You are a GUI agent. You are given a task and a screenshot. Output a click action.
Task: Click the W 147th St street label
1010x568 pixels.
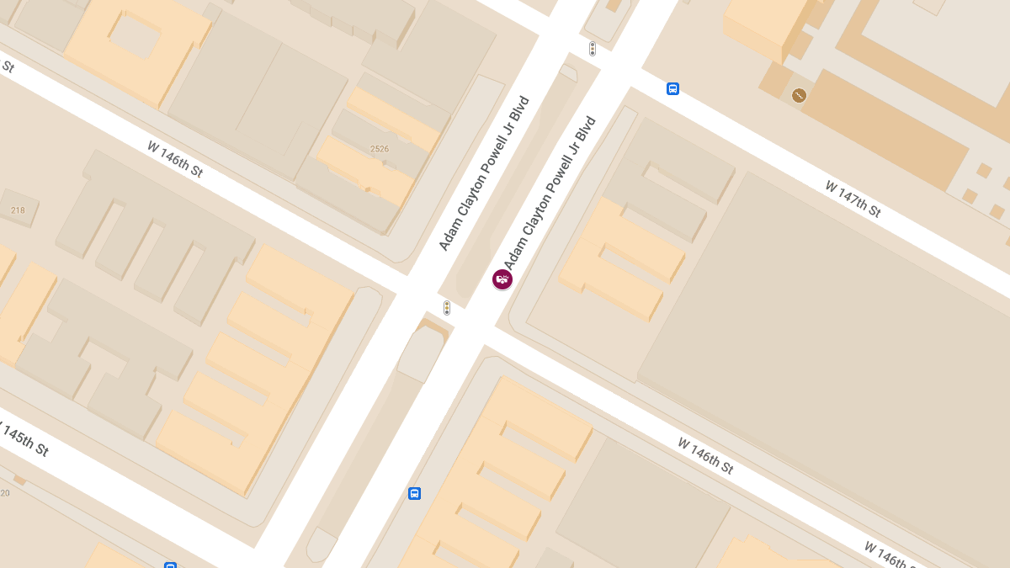[852, 199]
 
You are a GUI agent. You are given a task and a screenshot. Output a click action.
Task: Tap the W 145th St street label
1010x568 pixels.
[23, 439]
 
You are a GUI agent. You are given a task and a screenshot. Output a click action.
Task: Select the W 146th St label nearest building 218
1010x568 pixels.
[175, 158]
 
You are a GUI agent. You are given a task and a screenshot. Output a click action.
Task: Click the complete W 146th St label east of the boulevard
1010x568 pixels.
[705, 455]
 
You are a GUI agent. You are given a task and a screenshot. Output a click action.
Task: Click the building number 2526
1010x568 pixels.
[380, 149]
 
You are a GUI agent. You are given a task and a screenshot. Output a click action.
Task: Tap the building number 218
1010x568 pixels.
[18, 210]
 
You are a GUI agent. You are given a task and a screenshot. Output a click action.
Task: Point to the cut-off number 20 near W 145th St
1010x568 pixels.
[5, 492]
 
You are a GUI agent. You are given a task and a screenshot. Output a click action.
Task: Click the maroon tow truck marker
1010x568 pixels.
[502, 279]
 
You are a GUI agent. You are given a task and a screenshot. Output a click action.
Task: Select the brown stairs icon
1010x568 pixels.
[799, 96]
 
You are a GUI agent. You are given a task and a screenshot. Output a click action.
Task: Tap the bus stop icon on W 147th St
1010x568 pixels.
[672, 88]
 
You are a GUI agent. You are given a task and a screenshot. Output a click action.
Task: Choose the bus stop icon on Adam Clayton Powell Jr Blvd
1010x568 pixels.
[414, 493]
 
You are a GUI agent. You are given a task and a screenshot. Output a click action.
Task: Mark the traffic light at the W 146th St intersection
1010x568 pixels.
[447, 308]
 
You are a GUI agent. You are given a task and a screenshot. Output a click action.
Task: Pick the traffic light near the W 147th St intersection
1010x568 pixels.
[593, 49]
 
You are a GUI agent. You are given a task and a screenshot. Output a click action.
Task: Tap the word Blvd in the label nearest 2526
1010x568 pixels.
[520, 114]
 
